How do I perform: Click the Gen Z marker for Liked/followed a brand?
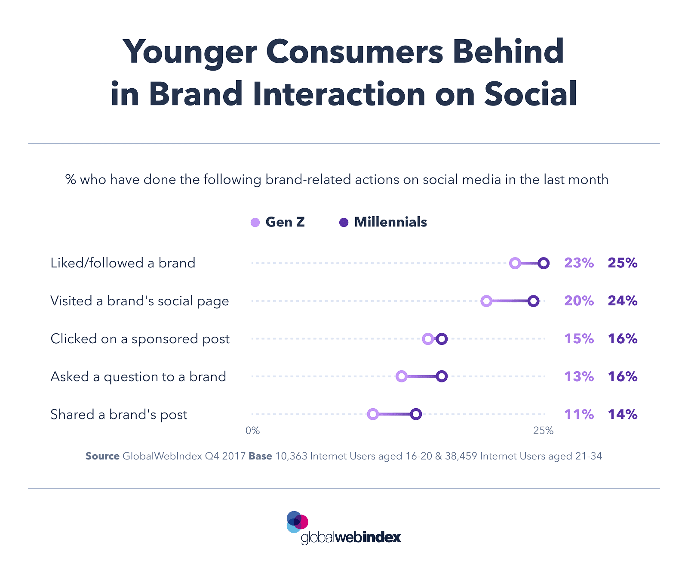(x=515, y=264)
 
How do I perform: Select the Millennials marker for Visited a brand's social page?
(x=533, y=301)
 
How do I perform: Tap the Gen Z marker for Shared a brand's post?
(x=373, y=414)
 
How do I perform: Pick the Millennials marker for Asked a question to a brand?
(x=442, y=377)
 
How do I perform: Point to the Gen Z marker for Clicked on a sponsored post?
(x=427, y=339)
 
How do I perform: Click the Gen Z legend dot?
(x=255, y=223)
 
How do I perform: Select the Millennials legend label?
(x=390, y=222)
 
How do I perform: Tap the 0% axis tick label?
(x=252, y=431)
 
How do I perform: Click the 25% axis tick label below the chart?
(x=543, y=431)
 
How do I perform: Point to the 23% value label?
(x=579, y=263)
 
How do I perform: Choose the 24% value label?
(x=622, y=301)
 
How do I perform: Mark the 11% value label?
(x=579, y=415)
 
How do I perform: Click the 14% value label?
(x=622, y=415)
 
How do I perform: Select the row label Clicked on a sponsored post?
(x=140, y=339)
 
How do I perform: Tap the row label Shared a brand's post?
(x=119, y=415)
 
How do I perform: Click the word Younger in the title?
(x=190, y=52)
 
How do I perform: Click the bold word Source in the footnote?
(x=102, y=456)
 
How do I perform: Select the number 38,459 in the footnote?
(x=461, y=456)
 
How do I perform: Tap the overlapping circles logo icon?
(x=297, y=521)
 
